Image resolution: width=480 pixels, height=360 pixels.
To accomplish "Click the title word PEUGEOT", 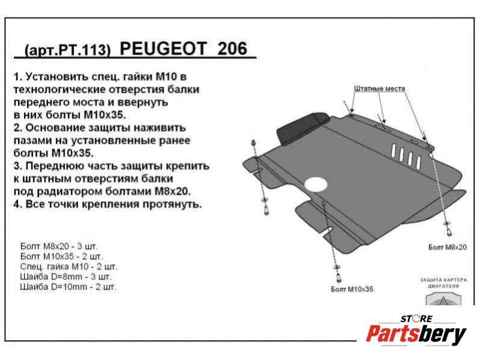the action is point(163,48).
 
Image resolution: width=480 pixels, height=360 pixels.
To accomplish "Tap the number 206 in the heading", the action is point(232,48).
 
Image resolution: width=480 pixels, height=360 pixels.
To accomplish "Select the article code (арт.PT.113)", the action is point(67,50).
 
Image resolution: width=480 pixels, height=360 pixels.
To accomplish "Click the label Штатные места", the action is point(380,88).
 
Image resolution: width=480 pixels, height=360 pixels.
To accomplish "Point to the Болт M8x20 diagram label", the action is point(448,247).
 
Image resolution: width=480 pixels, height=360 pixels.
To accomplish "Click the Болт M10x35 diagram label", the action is point(352,288).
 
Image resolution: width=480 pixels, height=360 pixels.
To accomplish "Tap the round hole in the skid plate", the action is point(316,185).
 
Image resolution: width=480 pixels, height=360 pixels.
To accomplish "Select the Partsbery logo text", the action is point(416,334).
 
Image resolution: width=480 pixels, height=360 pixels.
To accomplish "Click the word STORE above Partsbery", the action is point(417,318).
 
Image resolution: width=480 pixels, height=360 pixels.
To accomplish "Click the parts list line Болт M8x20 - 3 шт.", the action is point(59,246).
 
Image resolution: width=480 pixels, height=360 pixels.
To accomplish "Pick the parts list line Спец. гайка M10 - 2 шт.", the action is point(69,266).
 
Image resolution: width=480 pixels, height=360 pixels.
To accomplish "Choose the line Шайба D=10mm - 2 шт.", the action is point(68,287).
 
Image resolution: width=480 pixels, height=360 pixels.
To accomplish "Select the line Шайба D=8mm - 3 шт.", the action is point(66,277).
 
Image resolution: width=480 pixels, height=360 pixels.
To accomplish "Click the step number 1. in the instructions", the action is point(18,76).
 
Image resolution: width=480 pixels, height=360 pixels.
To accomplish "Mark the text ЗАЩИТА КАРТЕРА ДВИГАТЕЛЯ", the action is point(443,283).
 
